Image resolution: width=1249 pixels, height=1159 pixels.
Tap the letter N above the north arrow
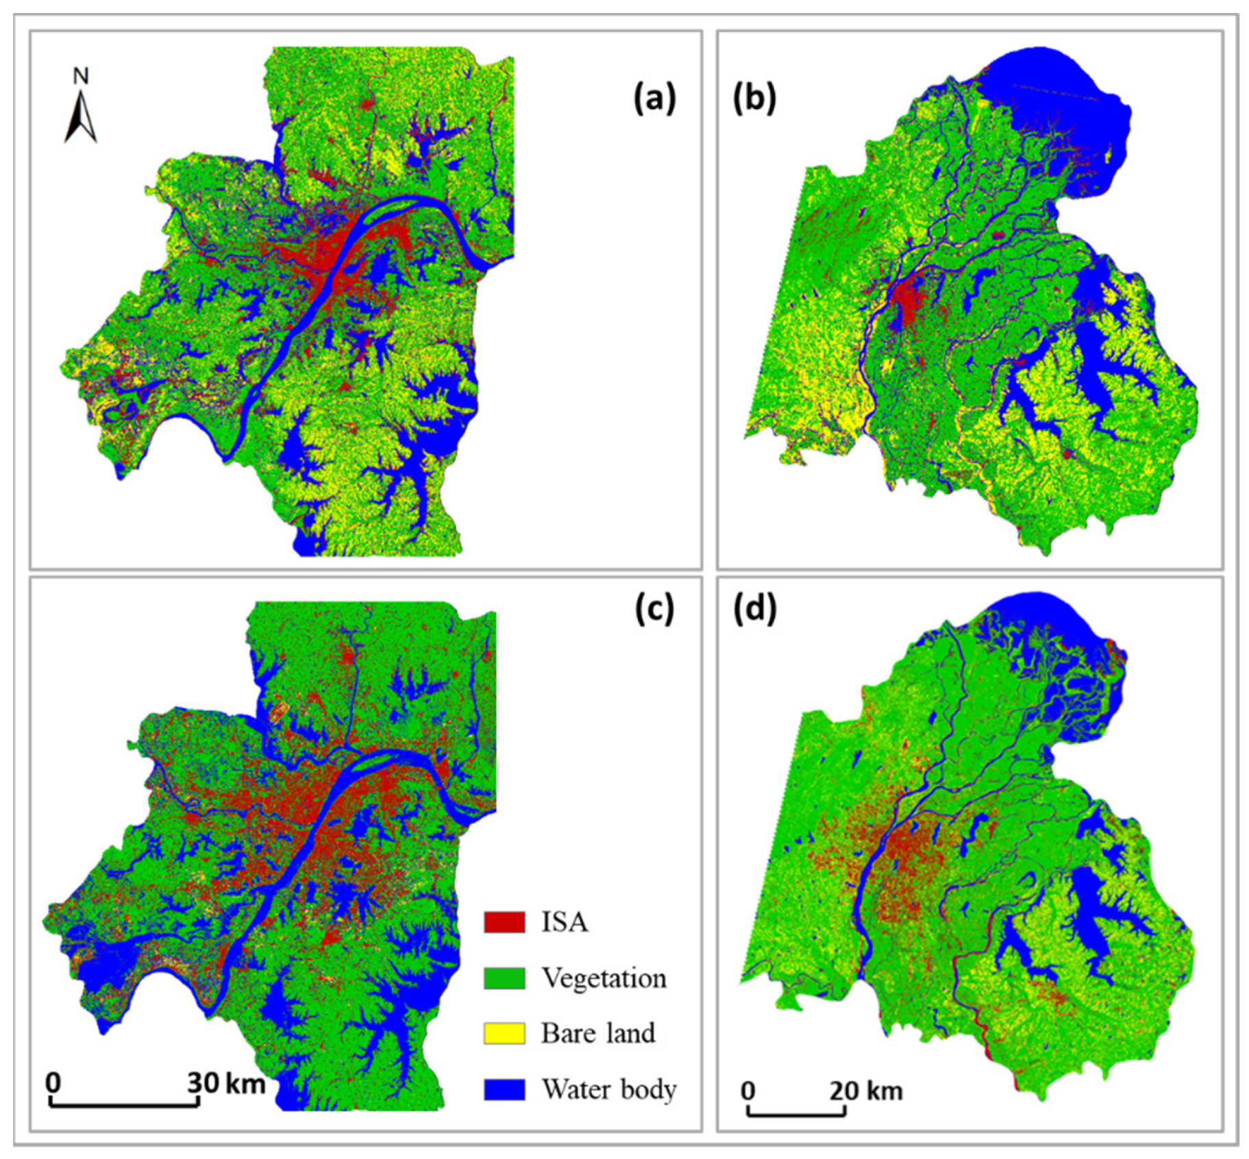[81, 76]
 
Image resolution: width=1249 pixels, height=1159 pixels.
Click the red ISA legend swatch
[504, 922]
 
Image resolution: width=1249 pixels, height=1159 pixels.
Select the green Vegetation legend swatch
[504, 978]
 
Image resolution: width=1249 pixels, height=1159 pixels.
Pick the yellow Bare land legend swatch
[504, 1033]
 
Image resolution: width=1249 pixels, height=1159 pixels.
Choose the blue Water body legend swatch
[504, 1089]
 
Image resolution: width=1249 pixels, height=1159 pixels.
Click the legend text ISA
[565, 922]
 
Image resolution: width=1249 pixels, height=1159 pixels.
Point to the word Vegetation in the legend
[604, 978]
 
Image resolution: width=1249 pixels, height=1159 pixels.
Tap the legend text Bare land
[598, 1033]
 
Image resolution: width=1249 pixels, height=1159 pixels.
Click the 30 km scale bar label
[227, 1083]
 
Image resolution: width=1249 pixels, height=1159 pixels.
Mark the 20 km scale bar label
[866, 1091]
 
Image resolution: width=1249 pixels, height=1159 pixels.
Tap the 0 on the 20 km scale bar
[749, 1091]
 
